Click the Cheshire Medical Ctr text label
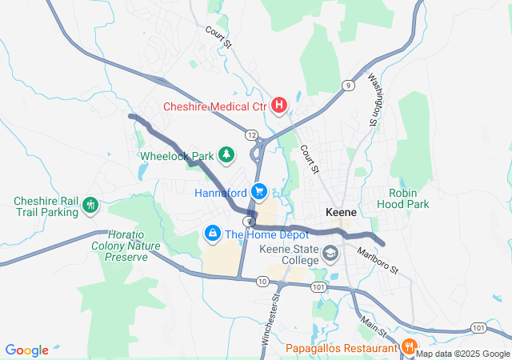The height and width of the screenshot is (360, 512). coord(214,106)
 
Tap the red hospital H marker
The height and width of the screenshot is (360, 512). coord(279,105)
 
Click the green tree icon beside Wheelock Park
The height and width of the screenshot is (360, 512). coord(226,154)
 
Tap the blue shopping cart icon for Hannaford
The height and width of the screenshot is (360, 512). coord(258,192)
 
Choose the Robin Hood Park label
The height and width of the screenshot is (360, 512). coord(409,198)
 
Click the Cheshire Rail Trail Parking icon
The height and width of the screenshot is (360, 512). coord(90,206)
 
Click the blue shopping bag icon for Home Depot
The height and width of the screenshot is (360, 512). coord(212,234)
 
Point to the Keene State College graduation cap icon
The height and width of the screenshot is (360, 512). coord(330,254)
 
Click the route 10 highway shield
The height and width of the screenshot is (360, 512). coord(262,281)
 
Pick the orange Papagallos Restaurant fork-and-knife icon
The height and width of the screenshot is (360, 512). coord(408,347)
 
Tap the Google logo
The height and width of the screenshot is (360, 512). coord(27,350)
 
